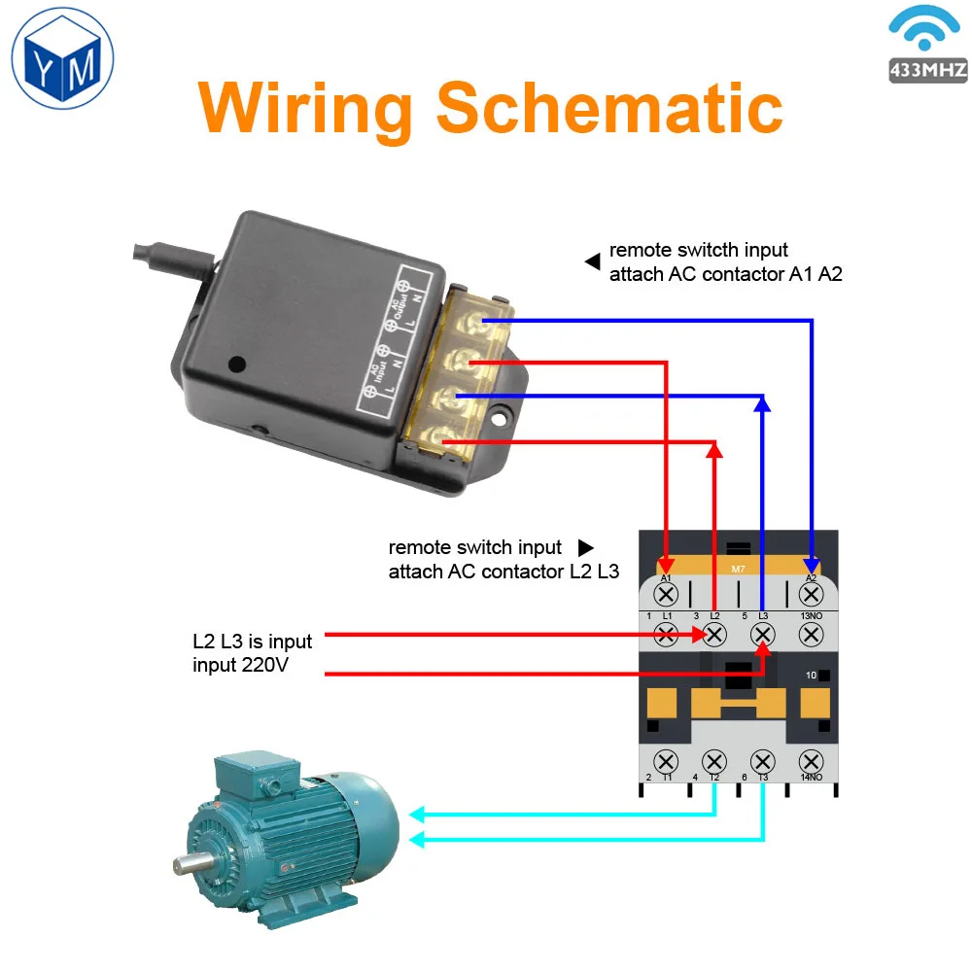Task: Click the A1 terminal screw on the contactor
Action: coord(667,594)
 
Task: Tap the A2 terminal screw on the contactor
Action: coord(811,594)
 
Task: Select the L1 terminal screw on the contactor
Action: coord(667,635)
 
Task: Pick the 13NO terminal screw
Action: coord(811,635)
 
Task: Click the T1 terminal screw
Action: coord(667,761)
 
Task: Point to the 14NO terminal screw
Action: coord(811,761)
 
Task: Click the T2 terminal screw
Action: coord(714,761)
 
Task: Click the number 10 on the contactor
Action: coord(811,675)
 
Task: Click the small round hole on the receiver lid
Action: coord(235,364)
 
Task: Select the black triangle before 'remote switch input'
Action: coord(591,261)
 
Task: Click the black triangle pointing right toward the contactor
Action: coord(585,548)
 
